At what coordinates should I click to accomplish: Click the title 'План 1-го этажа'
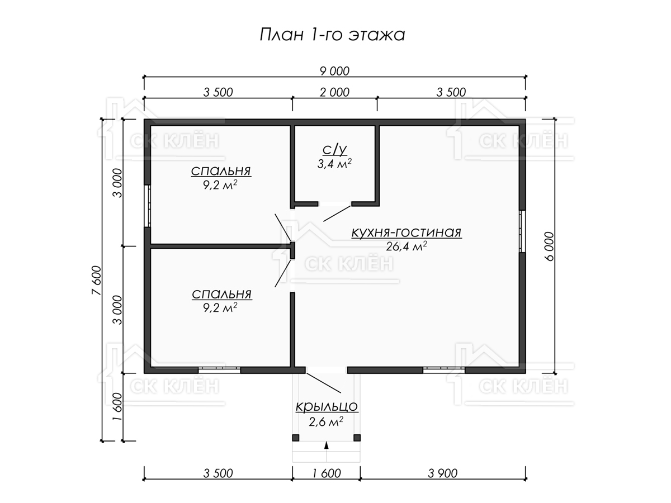coord(332,35)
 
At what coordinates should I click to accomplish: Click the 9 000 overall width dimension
coord(334,71)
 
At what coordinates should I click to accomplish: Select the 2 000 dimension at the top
coord(334,92)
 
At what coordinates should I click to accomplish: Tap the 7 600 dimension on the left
coord(96,280)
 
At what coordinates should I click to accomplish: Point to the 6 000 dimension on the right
coord(549,246)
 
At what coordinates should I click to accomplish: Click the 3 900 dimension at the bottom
coord(443,473)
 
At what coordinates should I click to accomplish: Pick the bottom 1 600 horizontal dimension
coord(326,473)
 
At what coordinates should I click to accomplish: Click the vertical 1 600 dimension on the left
coord(117,406)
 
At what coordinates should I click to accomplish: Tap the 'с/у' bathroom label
coord(335,150)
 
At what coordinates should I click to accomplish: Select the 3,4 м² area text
coord(334,164)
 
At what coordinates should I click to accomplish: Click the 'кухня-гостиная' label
coord(407,232)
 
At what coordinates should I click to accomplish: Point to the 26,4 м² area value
coord(407,246)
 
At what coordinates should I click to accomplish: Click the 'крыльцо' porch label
coord(327,407)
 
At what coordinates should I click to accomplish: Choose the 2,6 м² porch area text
coord(326,422)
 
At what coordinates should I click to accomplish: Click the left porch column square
coord(296,438)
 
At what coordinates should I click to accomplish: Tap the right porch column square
coord(357,438)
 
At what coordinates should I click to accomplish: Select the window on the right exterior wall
coord(522,231)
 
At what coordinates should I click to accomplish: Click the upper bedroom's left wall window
coord(148,206)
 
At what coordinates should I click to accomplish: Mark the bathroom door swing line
coord(337,213)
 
